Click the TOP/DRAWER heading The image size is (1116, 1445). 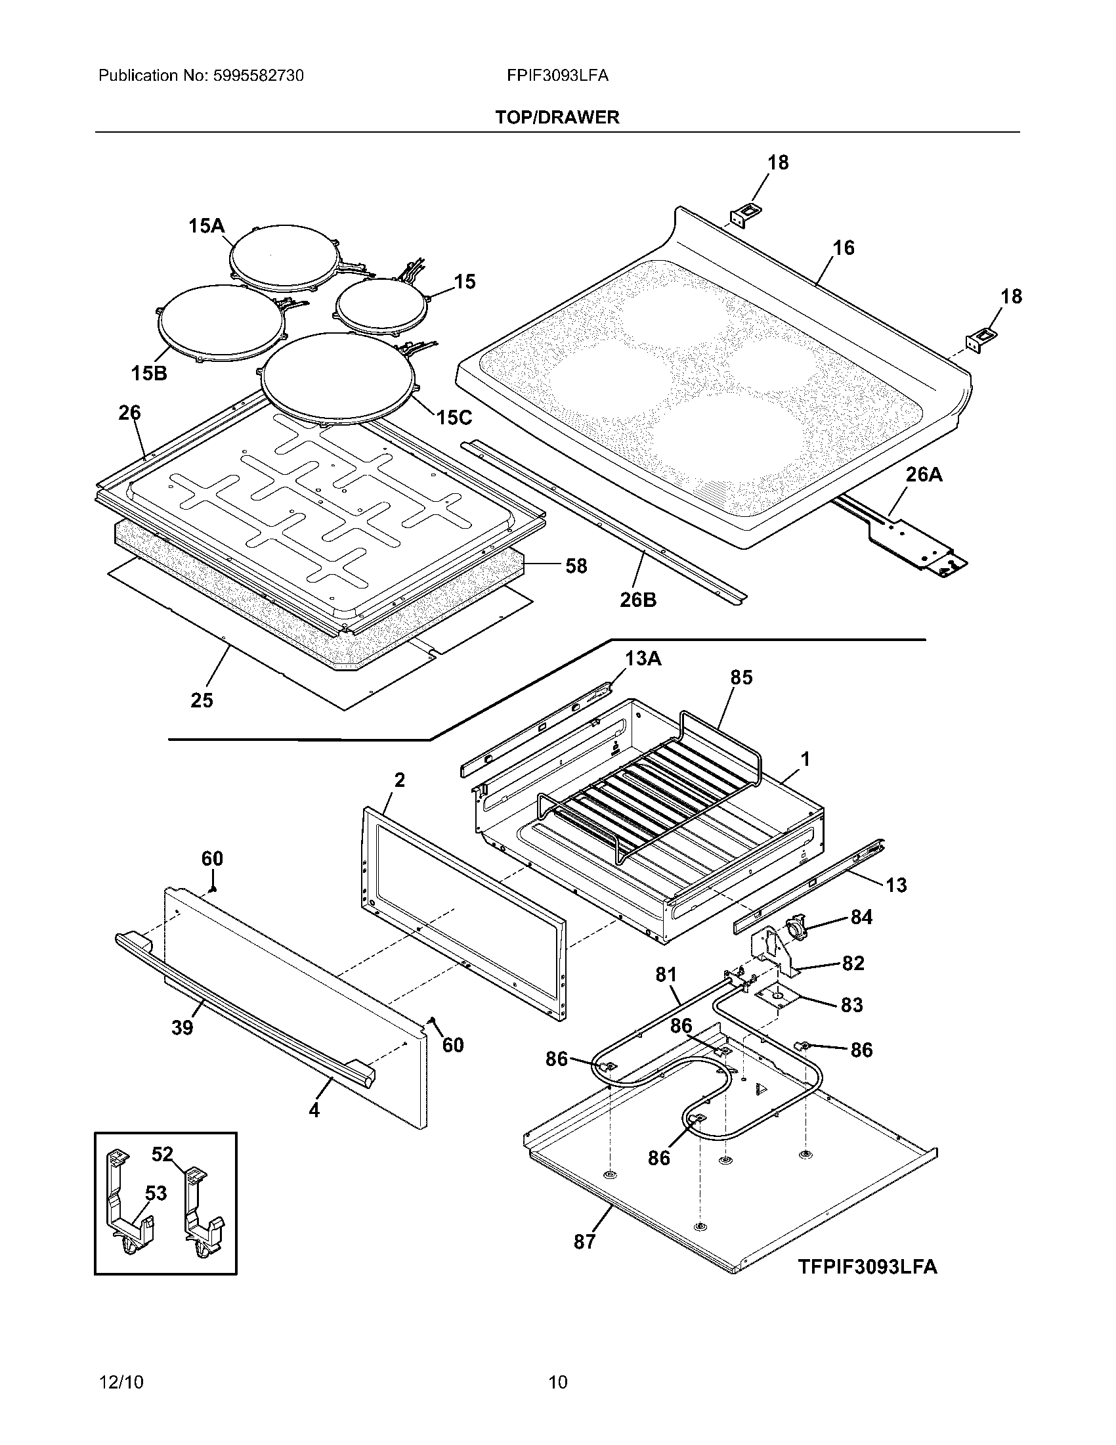[557, 118]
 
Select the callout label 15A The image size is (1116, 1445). [206, 227]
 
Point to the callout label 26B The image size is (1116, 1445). [638, 600]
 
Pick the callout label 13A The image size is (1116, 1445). [643, 659]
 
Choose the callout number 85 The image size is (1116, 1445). [741, 678]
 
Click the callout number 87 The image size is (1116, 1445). [584, 1242]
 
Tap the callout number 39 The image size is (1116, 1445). [182, 1027]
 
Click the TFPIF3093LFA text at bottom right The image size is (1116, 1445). [867, 1266]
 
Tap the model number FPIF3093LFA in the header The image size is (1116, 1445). [557, 76]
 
